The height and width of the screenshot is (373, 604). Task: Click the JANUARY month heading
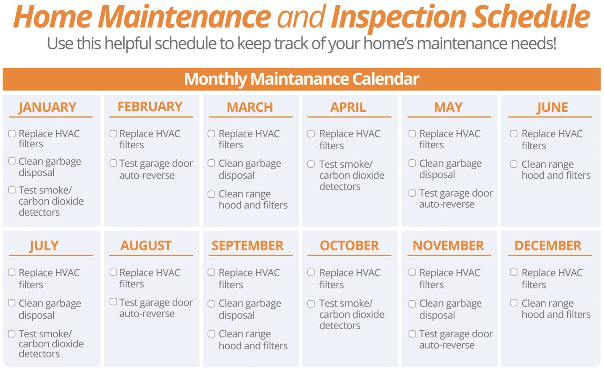click(x=47, y=107)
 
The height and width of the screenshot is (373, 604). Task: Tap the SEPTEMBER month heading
click(x=247, y=246)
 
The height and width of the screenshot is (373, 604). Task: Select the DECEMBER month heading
click(x=548, y=246)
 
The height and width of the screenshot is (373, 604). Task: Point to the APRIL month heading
click(x=348, y=107)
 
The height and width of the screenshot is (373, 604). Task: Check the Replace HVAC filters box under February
click(x=113, y=134)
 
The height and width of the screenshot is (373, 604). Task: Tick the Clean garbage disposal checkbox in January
click(x=12, y=161)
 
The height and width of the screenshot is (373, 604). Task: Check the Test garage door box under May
click(x=412, y=193)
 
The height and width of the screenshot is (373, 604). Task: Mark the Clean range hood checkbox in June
click(x=514, y=164)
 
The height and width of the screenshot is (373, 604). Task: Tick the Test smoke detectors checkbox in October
click(x=311, y=304)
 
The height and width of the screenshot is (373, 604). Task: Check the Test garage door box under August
click(x=113, y=302)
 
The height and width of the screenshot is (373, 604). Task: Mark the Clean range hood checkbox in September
click(x=211, y=334)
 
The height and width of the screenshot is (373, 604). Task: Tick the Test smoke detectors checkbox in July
click(x=12, y=334)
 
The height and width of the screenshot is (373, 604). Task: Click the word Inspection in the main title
click(x=399, y=17)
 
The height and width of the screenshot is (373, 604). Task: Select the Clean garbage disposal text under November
click(x=450, y=309)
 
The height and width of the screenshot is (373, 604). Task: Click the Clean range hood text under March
click(x=253, y=199)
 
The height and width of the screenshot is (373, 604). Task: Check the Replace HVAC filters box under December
click(x=514, y=272)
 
